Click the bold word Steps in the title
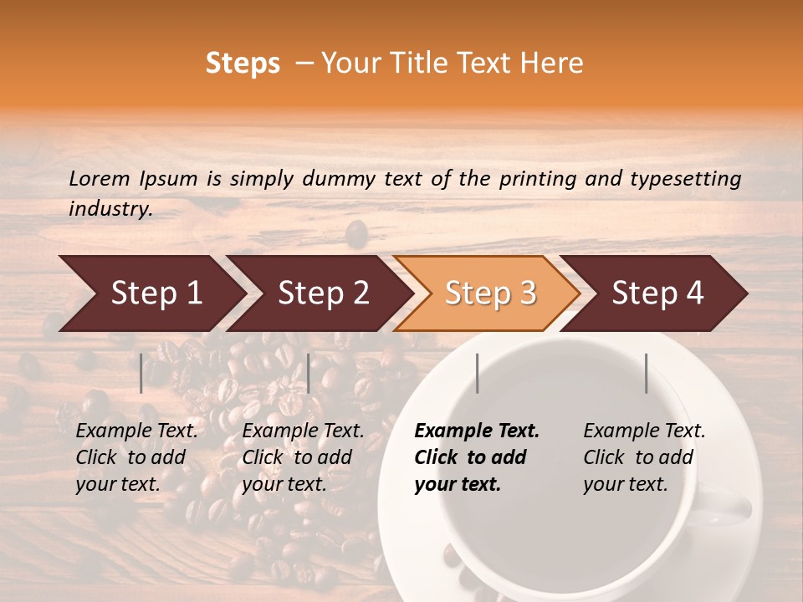click(243, 64)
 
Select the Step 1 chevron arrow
click(151, 293)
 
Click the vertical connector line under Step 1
click(141, 373)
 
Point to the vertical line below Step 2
click(309, 373)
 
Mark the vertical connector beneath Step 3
click(477, 373)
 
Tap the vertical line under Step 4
click(646, 373)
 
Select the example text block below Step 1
click(136, 457)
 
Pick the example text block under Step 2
click(303, 457)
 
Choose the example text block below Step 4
click(644, 457)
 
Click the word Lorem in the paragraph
click(100, 178)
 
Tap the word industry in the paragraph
click(110, 209)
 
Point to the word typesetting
click(685, 179)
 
